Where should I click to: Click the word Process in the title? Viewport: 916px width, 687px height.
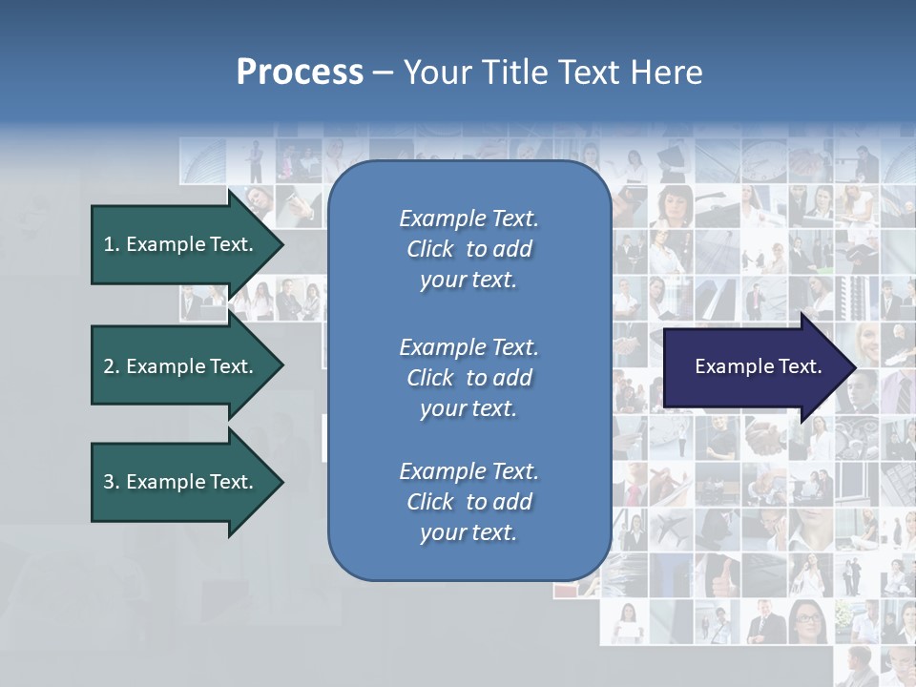(x=300, y=73)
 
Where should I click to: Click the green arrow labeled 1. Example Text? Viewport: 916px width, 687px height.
(x=177, y=244)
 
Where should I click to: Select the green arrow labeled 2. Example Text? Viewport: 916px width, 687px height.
(x=177, y=366)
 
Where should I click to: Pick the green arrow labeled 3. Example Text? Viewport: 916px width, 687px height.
(x=177, y=482)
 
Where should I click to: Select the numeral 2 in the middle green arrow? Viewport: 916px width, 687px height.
(x=109, y=366)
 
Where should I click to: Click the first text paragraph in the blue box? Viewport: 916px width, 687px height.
(x=468, y=249)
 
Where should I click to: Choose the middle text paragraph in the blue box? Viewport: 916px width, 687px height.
(x=468, y=378)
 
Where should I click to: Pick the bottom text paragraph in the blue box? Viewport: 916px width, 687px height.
(x=468, y=502)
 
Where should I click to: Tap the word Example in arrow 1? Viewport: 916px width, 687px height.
(x=165, y=244)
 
